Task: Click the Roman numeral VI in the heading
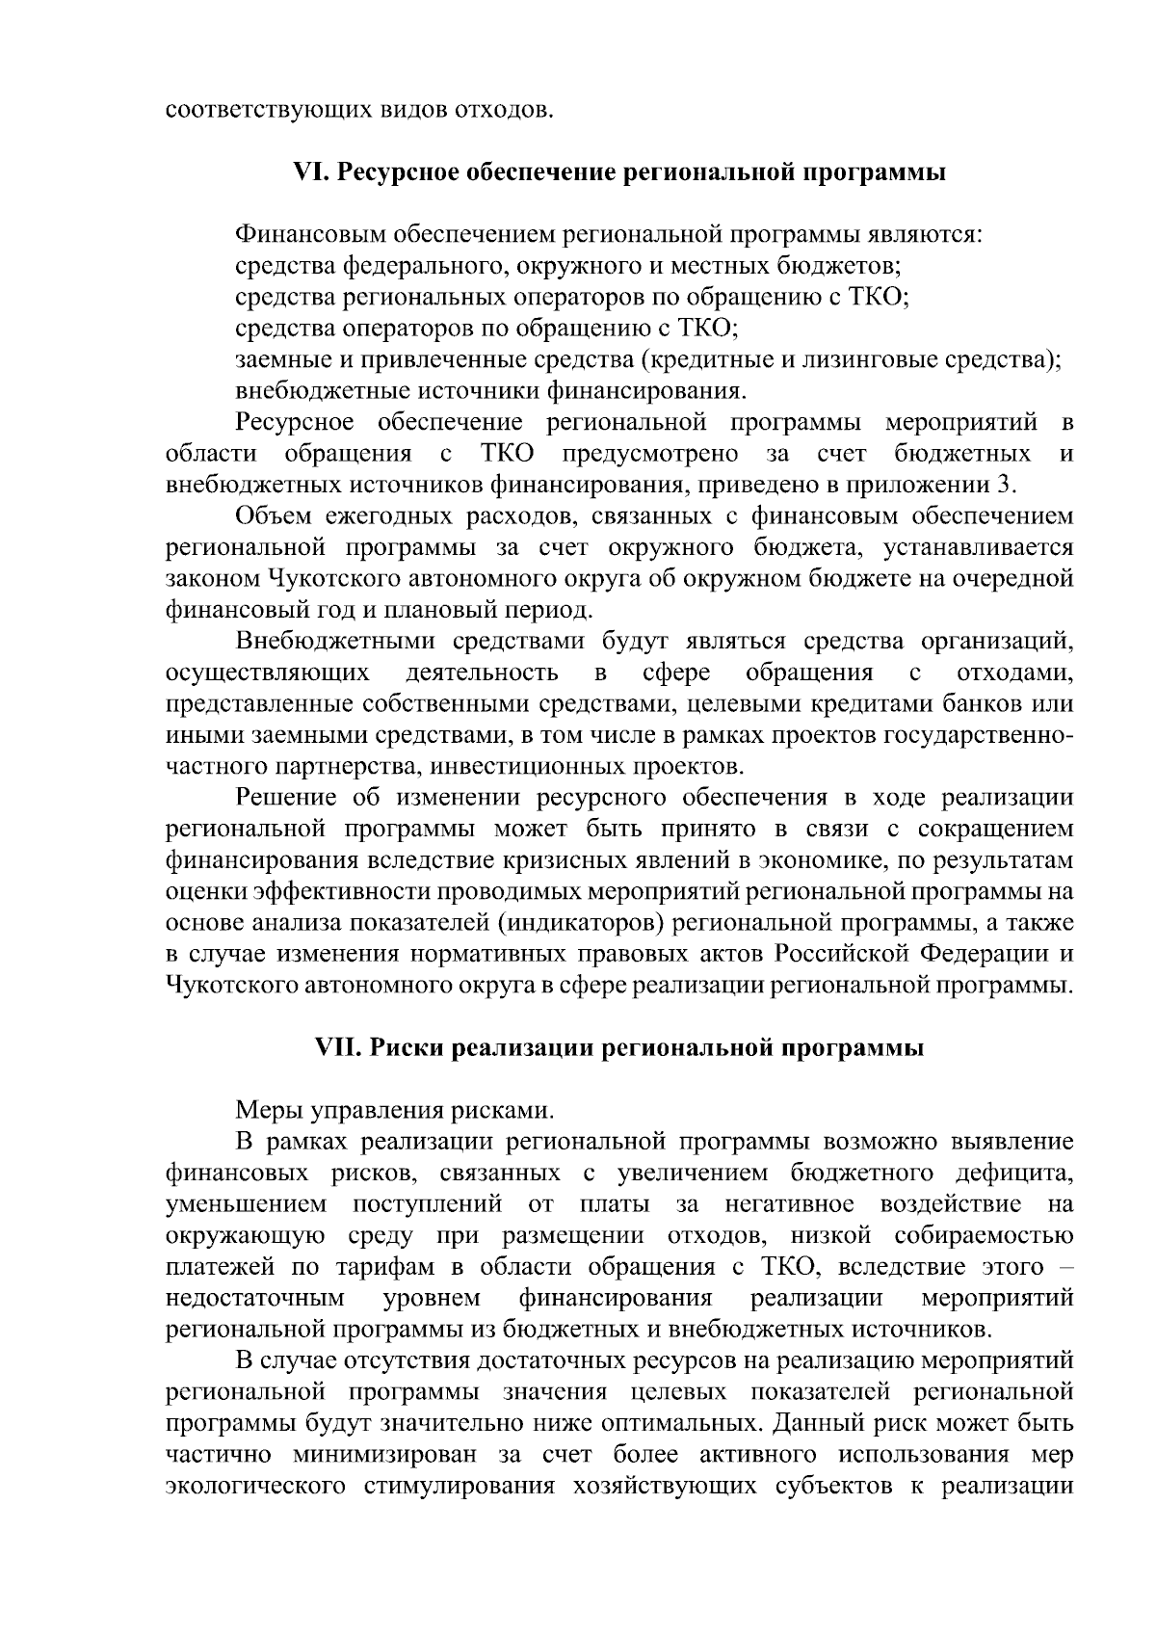[x=310, y=173]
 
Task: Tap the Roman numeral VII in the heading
[x=339, y=1048]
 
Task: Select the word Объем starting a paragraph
[x=274, y=517]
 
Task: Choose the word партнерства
[x=344, y=767]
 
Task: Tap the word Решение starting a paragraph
[x=287, y=798]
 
